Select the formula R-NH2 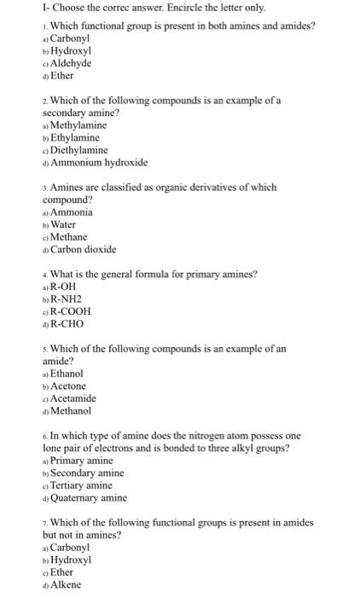(x=69, y=299)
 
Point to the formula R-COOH (x=71, y=311)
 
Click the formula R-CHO (x=67, y=324)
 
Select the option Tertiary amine (x=81, y=485)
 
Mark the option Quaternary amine (x=89, y=498)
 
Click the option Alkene (x=66, y=585)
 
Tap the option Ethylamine (x=75, y=137)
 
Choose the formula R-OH (x=66, y=287)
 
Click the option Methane (x=70, y=237)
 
